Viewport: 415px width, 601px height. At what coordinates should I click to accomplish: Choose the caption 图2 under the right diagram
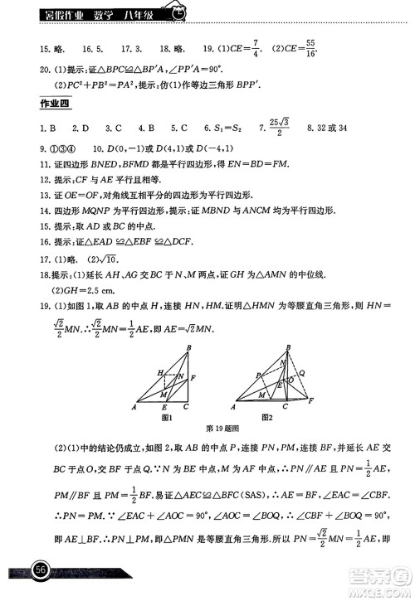coord(266,416)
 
